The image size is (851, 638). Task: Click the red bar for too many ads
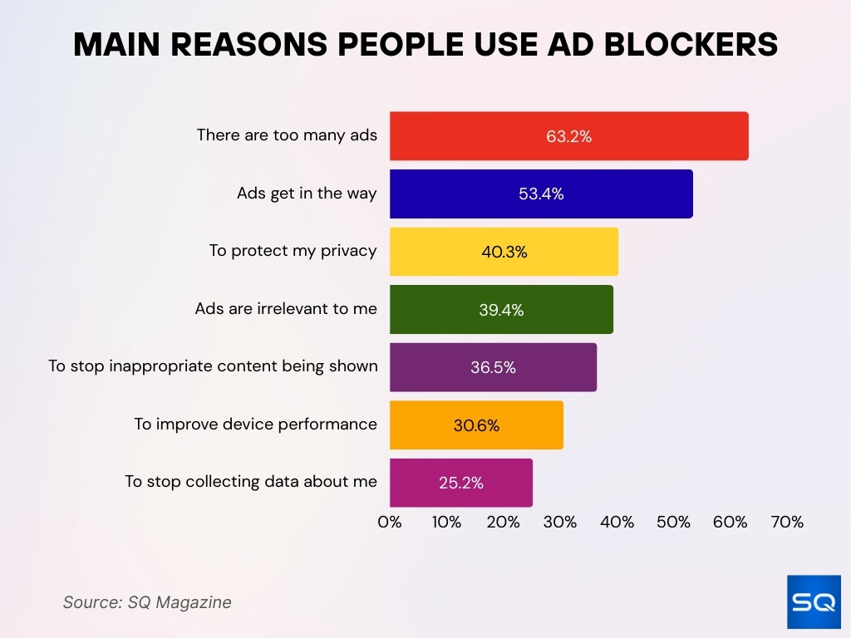[x=568, y=136]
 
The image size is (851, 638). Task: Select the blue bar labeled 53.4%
[x=540, y=194]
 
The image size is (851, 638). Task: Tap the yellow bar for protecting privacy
[x=504, y=252]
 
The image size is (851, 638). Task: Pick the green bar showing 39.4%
[x=501, y=310]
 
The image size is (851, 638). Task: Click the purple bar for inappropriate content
[x=493, y=367]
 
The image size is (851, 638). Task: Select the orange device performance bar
[x=476, y=425]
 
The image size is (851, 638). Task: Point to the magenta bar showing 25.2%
[x=460, y=483]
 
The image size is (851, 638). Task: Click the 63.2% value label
[x=568, y=137]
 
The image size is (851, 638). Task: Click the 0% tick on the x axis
[x=390, y=523]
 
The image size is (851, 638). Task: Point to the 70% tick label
[x=787, y=523]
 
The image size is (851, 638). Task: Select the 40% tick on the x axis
[x=617, y=523]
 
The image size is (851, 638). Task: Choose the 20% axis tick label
[x=503, y=523]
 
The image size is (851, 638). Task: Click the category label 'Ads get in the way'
[x=307, y=194]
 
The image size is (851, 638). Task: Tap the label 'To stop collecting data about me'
[x=251, y=482]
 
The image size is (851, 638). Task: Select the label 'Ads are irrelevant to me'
[x=286, y=309]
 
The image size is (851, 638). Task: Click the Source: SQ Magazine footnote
[x=147, y=602]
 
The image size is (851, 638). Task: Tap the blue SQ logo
[x=814, y=601]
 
